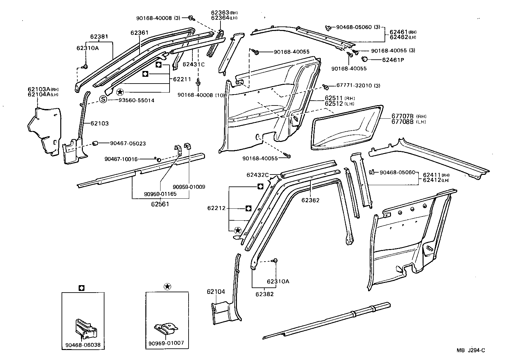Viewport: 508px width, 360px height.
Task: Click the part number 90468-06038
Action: tap(83, 345)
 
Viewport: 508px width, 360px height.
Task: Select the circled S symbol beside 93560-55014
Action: tap(103, 100)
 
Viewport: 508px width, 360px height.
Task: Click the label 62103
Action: tap(99, 123)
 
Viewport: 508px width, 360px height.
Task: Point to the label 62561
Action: tap(160, 204)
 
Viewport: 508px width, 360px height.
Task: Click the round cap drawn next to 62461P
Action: tap(365, 59)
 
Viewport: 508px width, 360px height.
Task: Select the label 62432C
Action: tap(258, 175)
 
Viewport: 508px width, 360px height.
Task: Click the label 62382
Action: tap(265, 294)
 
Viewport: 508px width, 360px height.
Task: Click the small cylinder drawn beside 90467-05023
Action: tap(95, 143)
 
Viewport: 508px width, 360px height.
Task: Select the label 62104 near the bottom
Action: tap(216, 292)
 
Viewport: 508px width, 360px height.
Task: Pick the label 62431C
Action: tap(193, 64)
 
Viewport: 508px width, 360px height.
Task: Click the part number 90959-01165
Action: tap(160, 194)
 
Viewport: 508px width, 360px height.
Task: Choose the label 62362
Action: tap(310, 200)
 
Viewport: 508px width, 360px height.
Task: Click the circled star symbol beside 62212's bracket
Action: tap(238, 230)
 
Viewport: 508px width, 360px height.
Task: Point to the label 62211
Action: tap(182, 79)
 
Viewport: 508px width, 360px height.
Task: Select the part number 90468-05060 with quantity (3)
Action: tap(354, 27)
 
